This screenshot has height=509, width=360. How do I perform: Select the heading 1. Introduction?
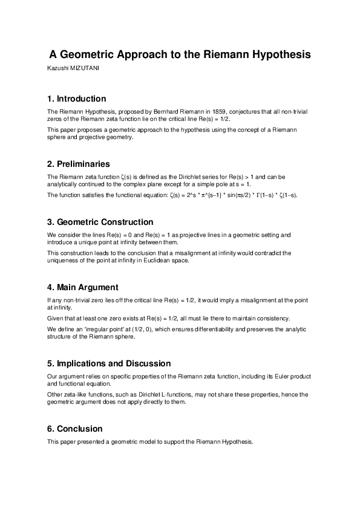(76, 99)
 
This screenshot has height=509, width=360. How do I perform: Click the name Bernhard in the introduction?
(168, 112)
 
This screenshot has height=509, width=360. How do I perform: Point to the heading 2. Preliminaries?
(78, 164)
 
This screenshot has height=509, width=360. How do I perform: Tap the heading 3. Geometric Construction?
(100, 222)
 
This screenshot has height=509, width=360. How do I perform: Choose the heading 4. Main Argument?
(82, 287)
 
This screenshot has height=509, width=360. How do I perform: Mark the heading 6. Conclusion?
(74, 429)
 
